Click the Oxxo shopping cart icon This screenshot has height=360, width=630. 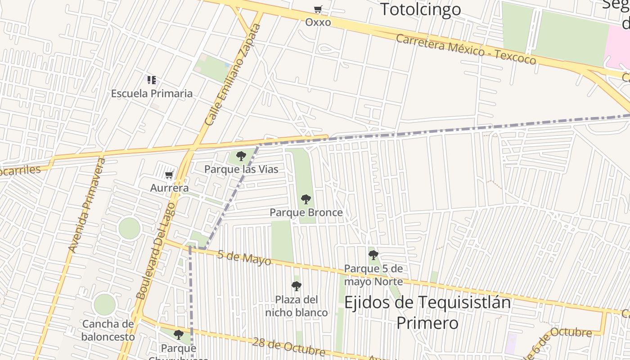tap(318, 9)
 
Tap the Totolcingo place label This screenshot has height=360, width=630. tap(420, 9)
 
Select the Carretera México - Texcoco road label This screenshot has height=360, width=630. tap(466, 49)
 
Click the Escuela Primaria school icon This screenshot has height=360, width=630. tap(152, 80)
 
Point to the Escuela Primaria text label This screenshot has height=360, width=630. tap(152, 94)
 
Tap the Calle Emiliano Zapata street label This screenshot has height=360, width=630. tap(233, 75)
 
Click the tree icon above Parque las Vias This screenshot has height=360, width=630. tap(241, 156)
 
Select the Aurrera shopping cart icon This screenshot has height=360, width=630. tap(169, 175)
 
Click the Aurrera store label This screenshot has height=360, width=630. tap(169, 188)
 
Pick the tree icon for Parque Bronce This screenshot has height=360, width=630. tap(306, 199)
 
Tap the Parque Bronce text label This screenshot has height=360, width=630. tap(306, 212)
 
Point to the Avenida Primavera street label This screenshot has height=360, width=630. tap(86, 205)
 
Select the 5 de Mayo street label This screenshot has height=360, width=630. tap(244, 257)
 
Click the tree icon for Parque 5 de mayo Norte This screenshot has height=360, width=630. tap(373, 255)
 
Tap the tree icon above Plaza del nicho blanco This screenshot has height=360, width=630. tap(296, 286)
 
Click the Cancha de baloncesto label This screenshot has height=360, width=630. tap(108, 330)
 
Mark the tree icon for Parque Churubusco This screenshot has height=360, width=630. tap(179, 334)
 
